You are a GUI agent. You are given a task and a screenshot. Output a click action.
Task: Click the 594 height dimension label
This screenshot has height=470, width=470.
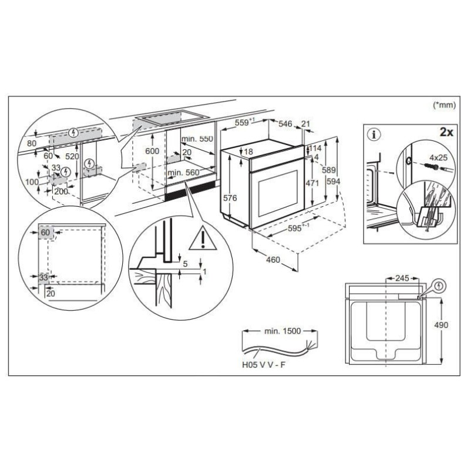(333, 182)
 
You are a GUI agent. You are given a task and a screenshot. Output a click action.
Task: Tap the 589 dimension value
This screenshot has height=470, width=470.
(328, 170)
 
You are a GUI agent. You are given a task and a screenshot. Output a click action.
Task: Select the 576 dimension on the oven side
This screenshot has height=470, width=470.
(230, 198)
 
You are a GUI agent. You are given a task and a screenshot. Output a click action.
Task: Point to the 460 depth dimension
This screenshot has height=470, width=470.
(273, 260)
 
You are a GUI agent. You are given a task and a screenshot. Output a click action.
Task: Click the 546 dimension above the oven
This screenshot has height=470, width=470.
(285, 124)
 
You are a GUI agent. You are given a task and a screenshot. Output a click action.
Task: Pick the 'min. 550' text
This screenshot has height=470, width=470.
(197, 139)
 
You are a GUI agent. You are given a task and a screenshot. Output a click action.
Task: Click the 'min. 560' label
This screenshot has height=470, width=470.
(183, 173)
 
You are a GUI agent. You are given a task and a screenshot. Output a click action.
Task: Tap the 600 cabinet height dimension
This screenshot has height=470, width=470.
(152, 151)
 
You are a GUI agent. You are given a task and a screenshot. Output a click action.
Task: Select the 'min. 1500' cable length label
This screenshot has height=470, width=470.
(283, 331)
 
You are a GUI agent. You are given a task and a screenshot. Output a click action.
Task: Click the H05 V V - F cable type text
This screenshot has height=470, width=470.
(264, 365)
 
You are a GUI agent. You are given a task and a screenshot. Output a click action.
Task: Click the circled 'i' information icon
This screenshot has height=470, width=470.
(374, 135)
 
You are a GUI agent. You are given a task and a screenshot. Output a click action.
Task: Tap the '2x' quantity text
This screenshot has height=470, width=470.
(446, 132)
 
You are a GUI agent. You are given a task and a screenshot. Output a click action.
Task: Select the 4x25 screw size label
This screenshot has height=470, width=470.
(438, 157)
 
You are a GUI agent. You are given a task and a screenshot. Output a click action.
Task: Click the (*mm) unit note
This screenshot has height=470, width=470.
(444, 105)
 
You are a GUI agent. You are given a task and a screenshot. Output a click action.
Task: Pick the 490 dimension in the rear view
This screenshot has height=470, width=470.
(441, 325)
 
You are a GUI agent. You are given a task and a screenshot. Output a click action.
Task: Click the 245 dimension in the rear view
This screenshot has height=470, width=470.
(402, 278)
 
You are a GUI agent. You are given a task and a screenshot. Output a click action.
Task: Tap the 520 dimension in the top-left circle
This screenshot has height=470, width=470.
(72, 156)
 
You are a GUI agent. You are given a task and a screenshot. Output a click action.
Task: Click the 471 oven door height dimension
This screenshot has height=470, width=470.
(312, 183)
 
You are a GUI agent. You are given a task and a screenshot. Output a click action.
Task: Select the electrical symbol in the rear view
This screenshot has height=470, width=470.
(439, 286)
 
